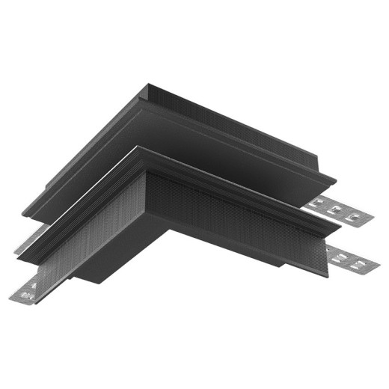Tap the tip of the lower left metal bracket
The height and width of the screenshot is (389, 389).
coord(13,299)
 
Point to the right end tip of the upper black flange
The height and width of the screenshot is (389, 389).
coord(334,180)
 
